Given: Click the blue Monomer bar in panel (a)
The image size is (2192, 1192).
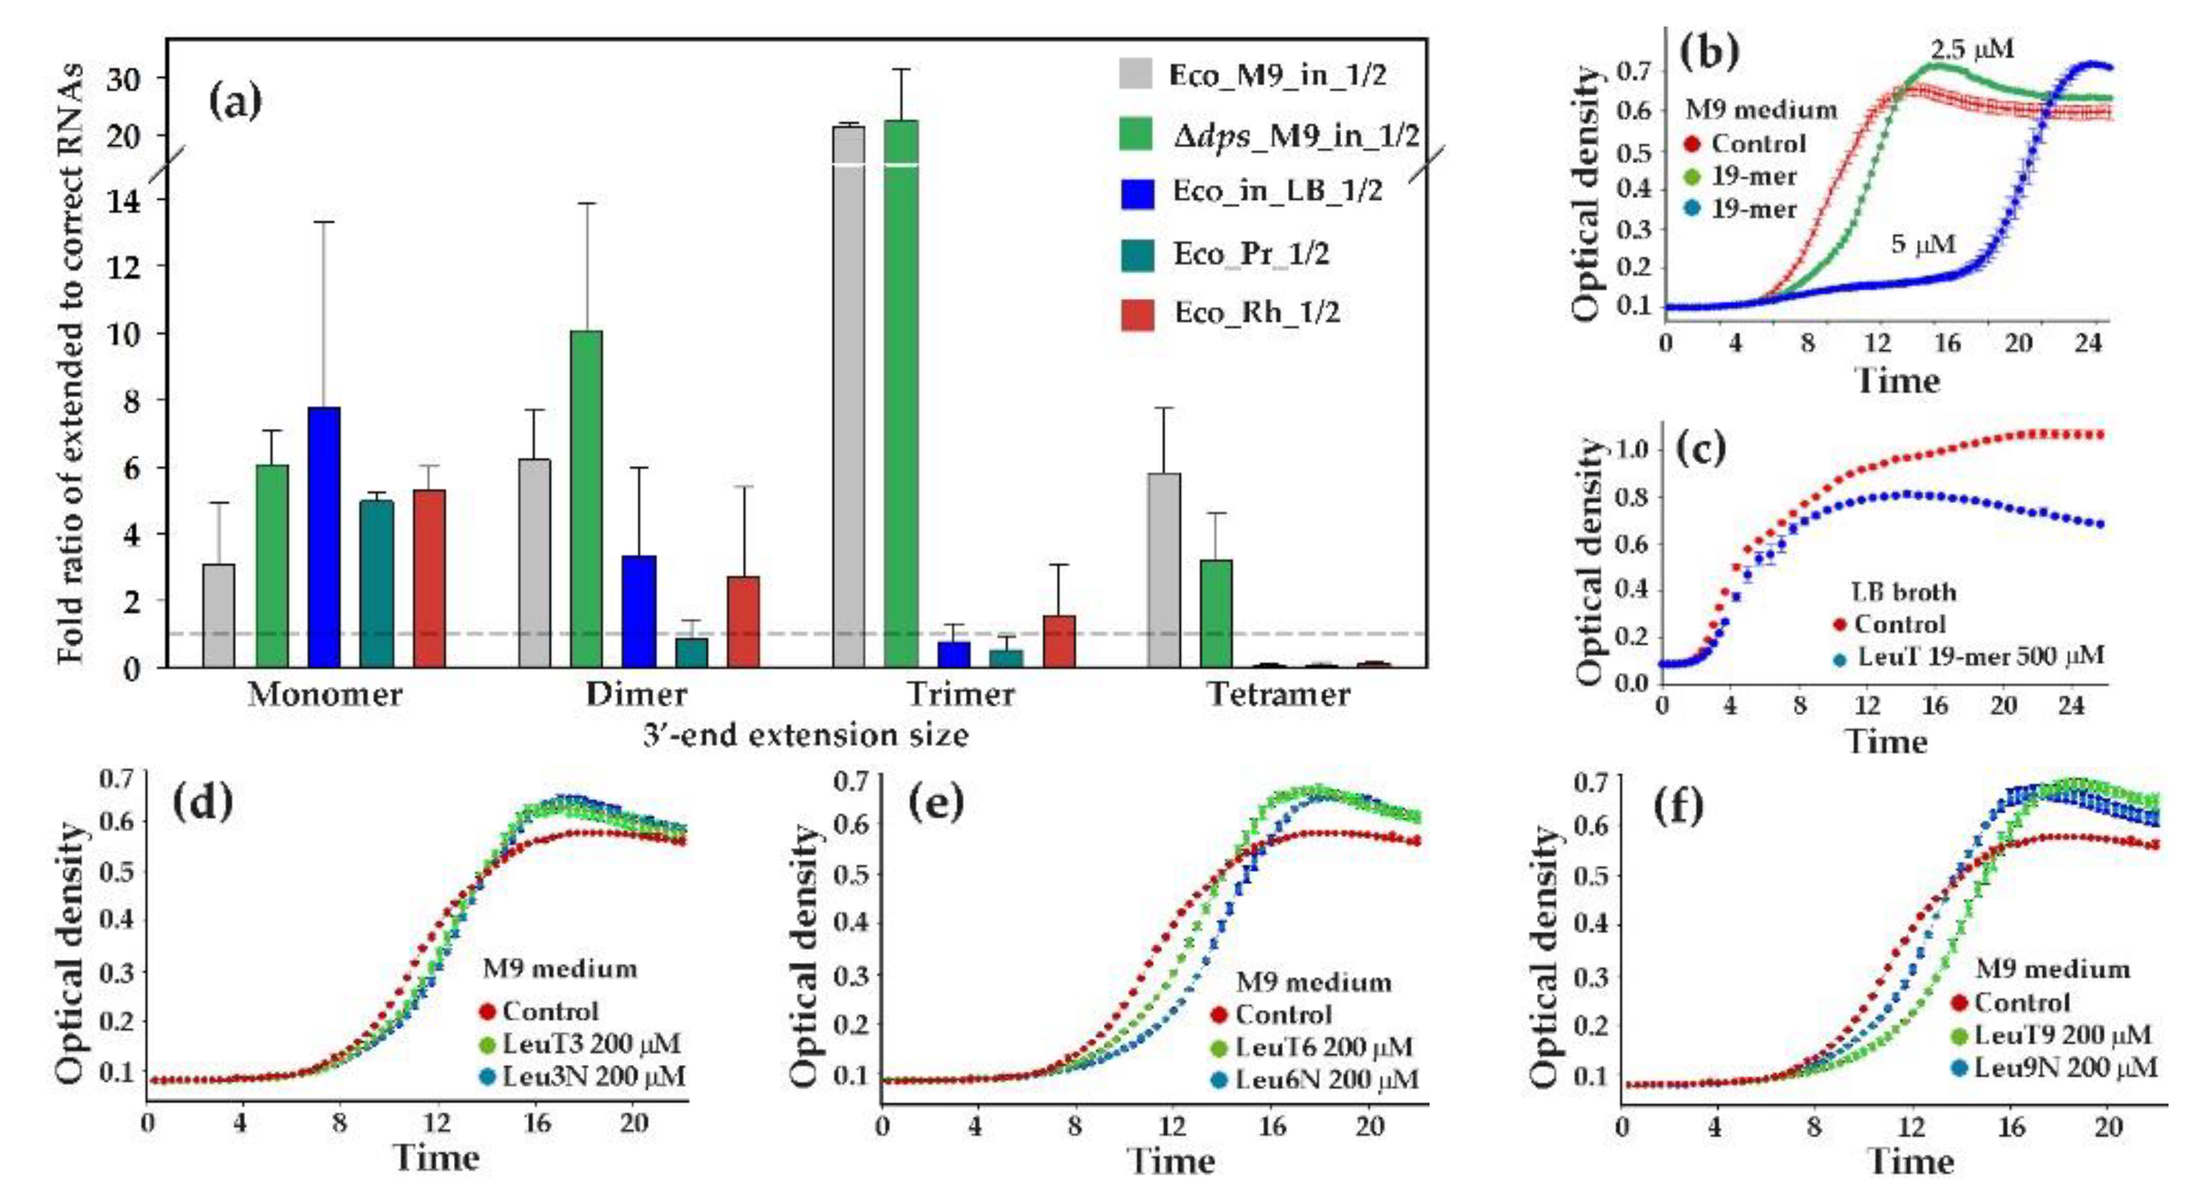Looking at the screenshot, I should (324, 537).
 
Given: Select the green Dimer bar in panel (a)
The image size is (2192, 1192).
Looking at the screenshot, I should (586, 498).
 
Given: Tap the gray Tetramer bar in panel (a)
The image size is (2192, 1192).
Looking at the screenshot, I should (1164, 570).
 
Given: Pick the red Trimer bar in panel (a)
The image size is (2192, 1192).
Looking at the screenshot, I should (1059, 641).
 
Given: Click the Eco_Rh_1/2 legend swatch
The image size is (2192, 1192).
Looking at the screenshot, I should (1138, 313).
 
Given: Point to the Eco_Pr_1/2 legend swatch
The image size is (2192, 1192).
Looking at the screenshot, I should (1138, 254).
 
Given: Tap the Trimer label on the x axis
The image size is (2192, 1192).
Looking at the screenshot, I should (961, 694).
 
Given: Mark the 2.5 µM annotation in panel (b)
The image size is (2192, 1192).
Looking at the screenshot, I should (1972, 49).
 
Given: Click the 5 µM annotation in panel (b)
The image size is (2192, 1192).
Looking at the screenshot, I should (1923, 245).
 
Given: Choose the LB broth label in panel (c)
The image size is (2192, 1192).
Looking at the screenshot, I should (1904, 591).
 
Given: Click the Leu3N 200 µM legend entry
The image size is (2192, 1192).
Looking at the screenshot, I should (593, 1076).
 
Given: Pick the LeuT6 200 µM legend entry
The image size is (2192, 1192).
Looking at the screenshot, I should (1323, 1047).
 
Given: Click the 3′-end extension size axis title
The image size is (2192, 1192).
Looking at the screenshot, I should (806, 734).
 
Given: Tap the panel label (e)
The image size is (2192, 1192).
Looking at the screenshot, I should (937, 804).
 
